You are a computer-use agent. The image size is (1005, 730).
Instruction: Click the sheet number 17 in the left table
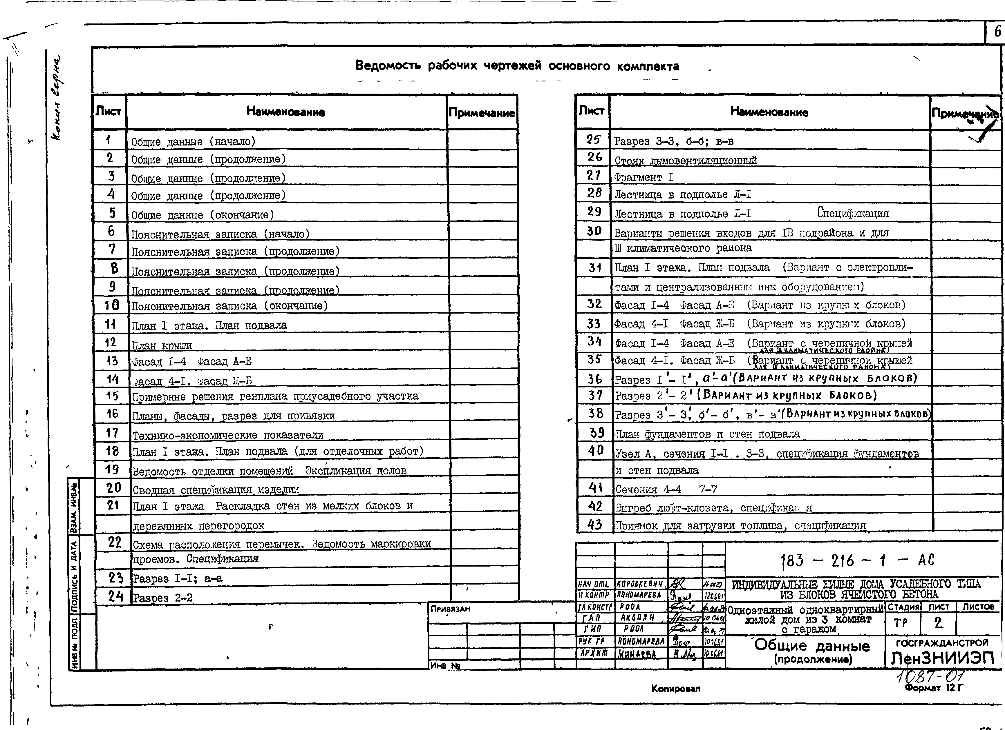click(x=112, y=433)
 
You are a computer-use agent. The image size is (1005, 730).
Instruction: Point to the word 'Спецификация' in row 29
click(x=853, y=213)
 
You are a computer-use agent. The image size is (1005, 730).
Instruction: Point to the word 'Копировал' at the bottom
click(x=676, y=688)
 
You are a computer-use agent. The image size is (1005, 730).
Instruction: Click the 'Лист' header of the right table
click(x=592, y=111)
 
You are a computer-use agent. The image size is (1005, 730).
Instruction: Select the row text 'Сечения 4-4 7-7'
click(x=666, y=489)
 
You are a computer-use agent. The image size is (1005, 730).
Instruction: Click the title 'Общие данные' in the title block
click(x=812, y=646)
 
